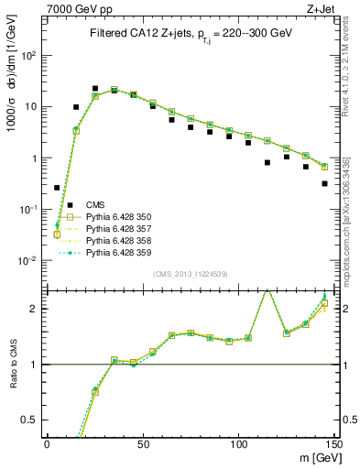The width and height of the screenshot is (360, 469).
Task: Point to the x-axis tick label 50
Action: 142,443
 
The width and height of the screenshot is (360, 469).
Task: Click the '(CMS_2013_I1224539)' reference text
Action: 189,274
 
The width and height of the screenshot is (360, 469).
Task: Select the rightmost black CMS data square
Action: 325,183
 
